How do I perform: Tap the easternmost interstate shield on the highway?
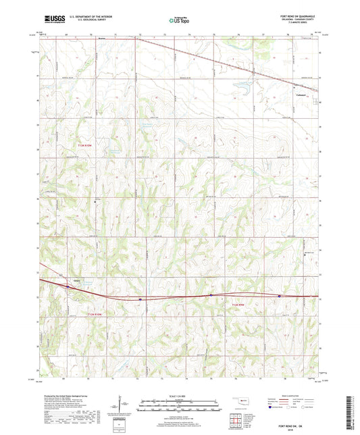(279, 295)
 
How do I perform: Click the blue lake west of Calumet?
(237, 86)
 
